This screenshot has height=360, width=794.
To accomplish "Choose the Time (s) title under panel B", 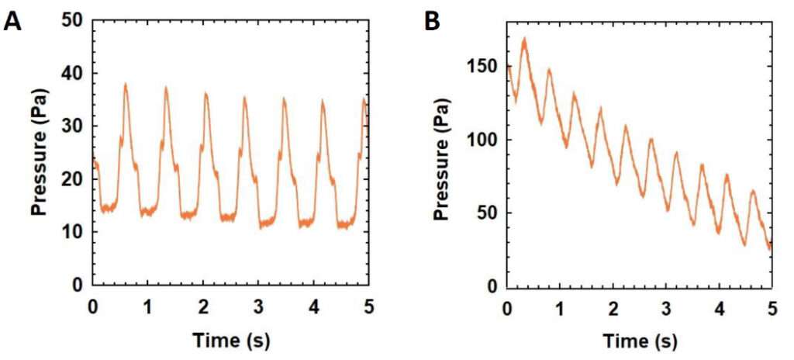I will tap(639, 340).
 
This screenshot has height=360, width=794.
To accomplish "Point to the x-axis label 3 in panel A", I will tap(258, 306).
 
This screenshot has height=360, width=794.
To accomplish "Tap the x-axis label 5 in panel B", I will tap(772, 308).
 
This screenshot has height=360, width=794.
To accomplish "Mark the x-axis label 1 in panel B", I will tap(560, 308).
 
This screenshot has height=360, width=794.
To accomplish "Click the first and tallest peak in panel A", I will tap(125, 84).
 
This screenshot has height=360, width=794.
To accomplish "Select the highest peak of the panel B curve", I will tap(525, 38).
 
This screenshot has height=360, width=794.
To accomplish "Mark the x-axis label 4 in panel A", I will tap(313, 306).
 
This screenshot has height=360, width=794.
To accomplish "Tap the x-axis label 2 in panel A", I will tap(203, 306).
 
